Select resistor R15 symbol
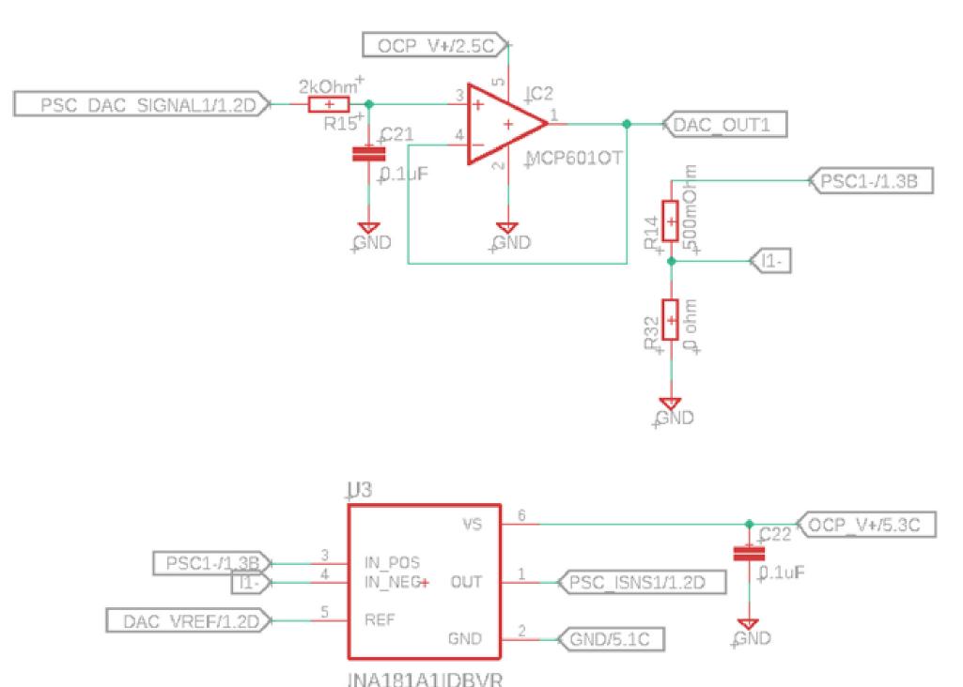329,104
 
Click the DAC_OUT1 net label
722,124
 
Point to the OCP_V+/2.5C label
434,43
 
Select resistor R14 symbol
670,221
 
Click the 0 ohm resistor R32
670,320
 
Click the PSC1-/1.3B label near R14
870,181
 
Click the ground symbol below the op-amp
507,228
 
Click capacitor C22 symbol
748,553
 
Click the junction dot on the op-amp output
627,124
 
